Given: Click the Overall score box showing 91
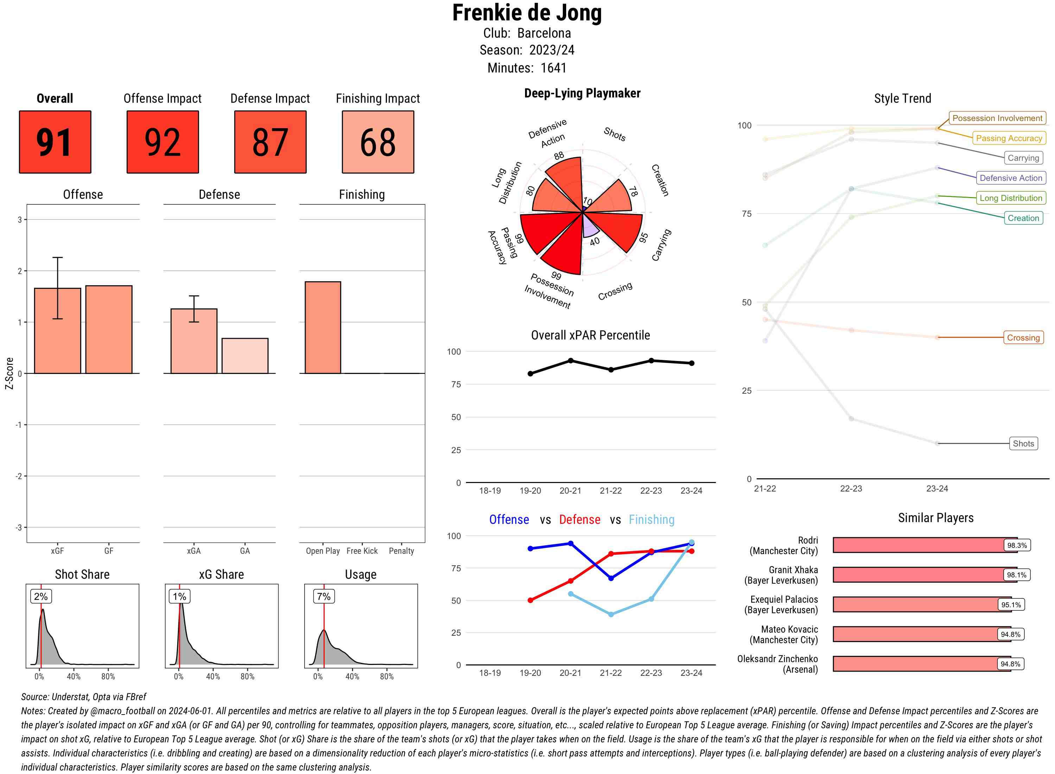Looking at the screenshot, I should tap(55, 142).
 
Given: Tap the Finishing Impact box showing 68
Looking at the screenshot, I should tap(378, 142).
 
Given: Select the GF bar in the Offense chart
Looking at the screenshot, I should tap(109, 329).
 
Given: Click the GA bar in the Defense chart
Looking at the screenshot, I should tap(245, 356).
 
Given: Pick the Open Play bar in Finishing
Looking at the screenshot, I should tap(322, 328).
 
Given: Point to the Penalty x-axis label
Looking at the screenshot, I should tap(401, 551).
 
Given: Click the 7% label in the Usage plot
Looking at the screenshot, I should tap(324, 596).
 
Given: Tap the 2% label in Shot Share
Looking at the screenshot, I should tap(41, 596).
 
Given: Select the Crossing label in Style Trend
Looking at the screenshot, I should tap(1023, 338).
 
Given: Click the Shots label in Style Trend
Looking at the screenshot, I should tap(1023, 444).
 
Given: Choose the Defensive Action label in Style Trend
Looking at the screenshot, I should tap(1011, 178).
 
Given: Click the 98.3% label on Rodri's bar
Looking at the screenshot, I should tap(1017, 545).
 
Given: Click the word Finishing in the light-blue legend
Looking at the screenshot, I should tap(651, 520).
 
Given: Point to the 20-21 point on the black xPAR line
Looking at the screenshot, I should tap(570, 361).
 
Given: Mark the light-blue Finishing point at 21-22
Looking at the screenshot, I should tap(610, 614).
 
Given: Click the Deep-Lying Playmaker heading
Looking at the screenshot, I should tap(582, 93).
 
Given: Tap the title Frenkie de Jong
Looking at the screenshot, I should tap(527, 13).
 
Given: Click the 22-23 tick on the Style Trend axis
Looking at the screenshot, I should tap(851, 489).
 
